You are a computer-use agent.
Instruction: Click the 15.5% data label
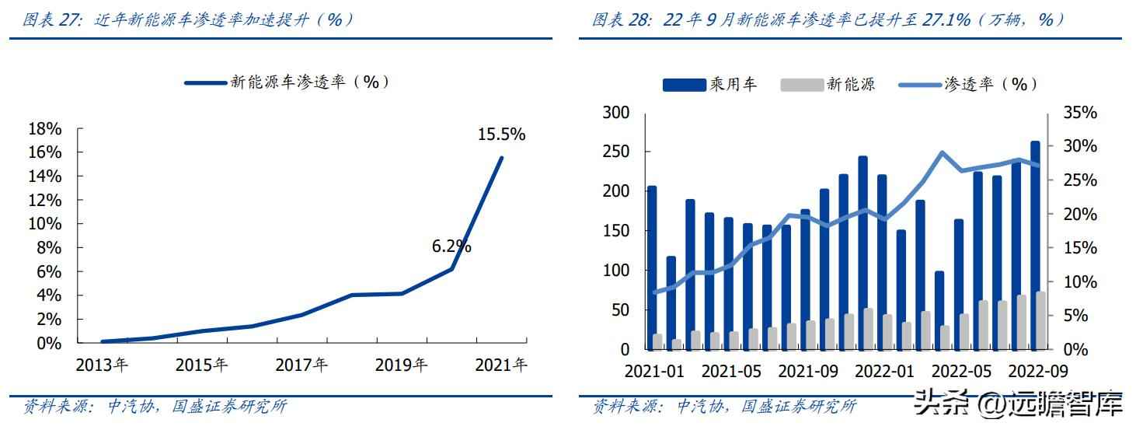pos(501,135)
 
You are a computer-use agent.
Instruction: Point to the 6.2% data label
pos(451,246)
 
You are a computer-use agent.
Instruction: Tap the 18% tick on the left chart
pos(44,128)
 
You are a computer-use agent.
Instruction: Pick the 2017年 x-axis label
pos(302,365)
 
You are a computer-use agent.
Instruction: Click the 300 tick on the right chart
pos(616,113)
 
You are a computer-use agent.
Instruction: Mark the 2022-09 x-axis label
pos(1038,371)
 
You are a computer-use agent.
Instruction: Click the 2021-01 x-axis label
pos(654,371)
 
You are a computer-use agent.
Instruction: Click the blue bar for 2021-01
pos(651,264)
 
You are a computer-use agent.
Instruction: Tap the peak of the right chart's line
pos(941,152)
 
